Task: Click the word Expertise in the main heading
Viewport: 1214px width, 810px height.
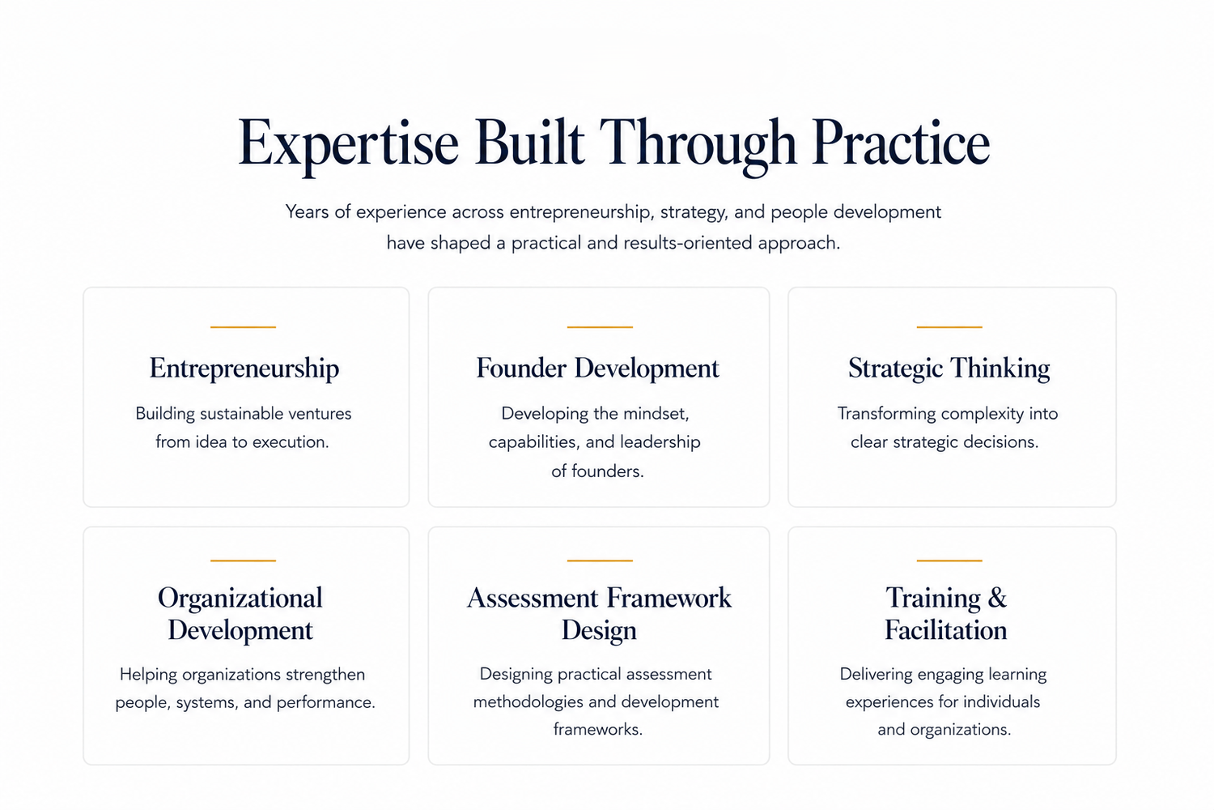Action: [x=349, y=144]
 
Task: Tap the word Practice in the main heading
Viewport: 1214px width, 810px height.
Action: [x=901, y=142]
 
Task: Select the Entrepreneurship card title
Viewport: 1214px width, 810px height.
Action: [x=244, y=369]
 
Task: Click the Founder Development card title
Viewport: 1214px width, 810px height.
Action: [x=598, y=369]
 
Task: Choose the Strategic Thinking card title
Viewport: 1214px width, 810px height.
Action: [x=949, y=369]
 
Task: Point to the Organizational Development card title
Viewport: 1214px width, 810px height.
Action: [x=240, y=614]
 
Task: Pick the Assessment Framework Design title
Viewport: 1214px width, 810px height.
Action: [x=599, y=614]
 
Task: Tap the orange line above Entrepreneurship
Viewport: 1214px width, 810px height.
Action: [x=244, y=327]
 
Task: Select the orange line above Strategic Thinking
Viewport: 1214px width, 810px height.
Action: [x=949, y=327]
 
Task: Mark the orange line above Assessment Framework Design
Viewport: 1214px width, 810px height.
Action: [x=600, y=561]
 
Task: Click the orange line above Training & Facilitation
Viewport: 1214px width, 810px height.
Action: [x=949, y=561]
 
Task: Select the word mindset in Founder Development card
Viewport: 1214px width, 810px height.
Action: [x=656, y=414]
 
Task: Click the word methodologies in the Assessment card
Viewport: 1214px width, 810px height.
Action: [x=528, y=702]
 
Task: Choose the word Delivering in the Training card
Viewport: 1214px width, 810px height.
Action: [x=876, y=675]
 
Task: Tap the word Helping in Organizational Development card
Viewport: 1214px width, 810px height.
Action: [x=148, y=675]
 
